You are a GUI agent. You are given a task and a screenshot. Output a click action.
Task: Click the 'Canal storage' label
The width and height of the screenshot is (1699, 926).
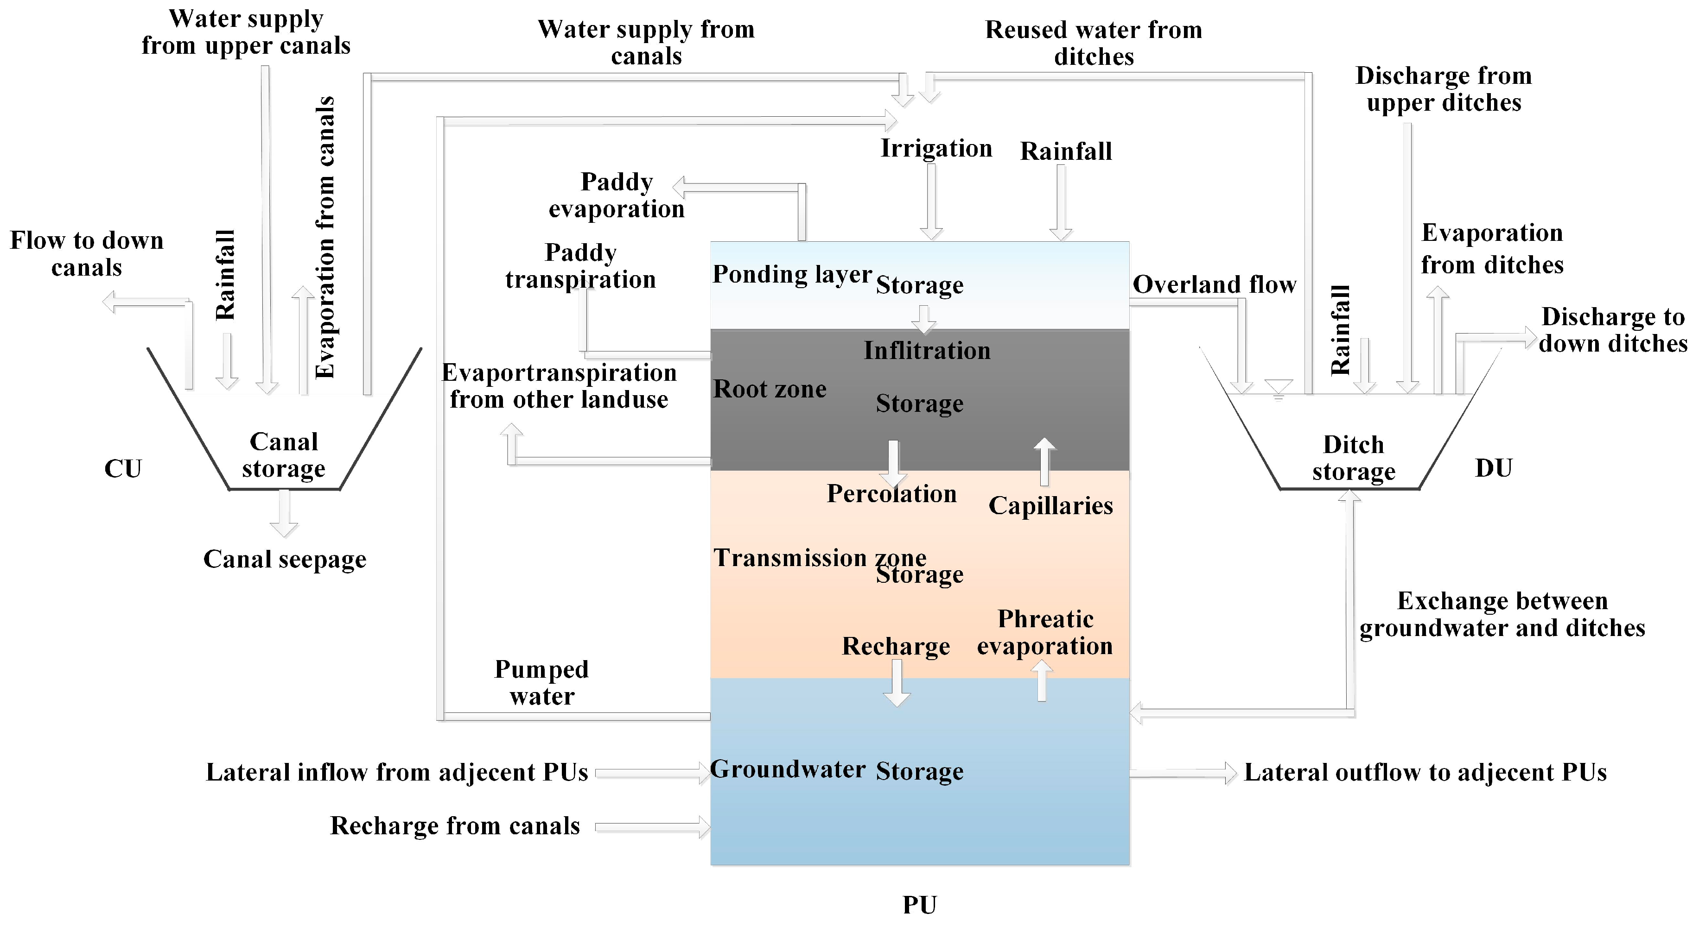pyautogui.click(x=284, y=455)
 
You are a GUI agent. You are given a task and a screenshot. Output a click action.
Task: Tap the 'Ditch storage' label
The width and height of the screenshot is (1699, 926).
pyautogui.click(x=1353, y=458)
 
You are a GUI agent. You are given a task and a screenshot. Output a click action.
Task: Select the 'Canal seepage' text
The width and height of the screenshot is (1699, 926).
pyautogui.click(x=284, y=560)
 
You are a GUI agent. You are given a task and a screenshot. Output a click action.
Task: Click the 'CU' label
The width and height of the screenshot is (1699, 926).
pyautogui.click(x=123, y=469)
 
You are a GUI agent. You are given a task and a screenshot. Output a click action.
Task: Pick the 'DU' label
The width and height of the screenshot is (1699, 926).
pyautogui.click(x=1493, y=468)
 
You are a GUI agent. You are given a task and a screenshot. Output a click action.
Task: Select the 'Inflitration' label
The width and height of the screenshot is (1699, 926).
pyautogui.click(x=927, y=351)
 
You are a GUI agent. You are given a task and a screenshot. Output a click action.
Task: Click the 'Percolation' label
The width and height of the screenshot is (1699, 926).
pyautogui.click(x=892, y=494)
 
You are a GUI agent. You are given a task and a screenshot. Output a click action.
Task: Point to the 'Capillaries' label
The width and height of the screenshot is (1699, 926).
pyautogui.click(x=1050, y=505)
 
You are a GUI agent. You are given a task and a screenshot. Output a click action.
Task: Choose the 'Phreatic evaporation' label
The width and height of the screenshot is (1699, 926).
pyautogui.click(x=1045, y=633)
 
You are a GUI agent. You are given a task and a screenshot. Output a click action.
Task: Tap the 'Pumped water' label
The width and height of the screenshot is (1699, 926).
pyautogui.click(x=541, y=683)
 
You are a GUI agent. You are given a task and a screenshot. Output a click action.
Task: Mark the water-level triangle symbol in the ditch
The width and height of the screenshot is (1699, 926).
pyautogui.click(x=1278, y=388)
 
